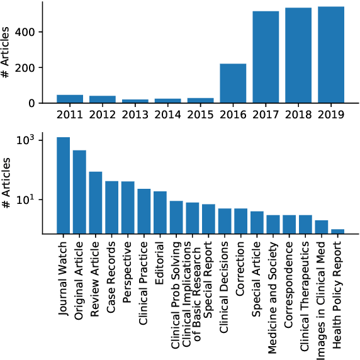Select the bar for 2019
[331, 55]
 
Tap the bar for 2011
[69, 99]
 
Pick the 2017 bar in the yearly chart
[266, 57]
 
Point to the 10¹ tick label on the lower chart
[32, 200]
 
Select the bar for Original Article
[79, 191]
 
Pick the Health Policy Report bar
[338, 231]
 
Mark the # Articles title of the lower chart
[6, 186]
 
